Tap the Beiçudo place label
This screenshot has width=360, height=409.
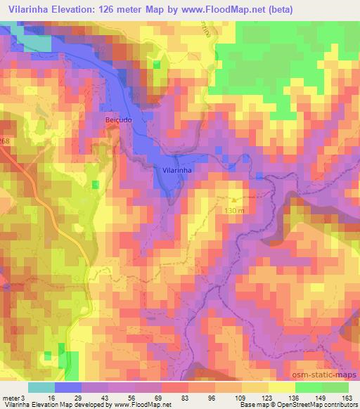tap(118, 120)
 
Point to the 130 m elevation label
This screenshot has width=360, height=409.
tap(235, 209)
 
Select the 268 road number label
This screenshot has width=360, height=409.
tap(5, 141)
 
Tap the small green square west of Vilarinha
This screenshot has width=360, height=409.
tap(95, 183)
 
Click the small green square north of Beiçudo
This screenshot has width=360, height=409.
tap(156, 65)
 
